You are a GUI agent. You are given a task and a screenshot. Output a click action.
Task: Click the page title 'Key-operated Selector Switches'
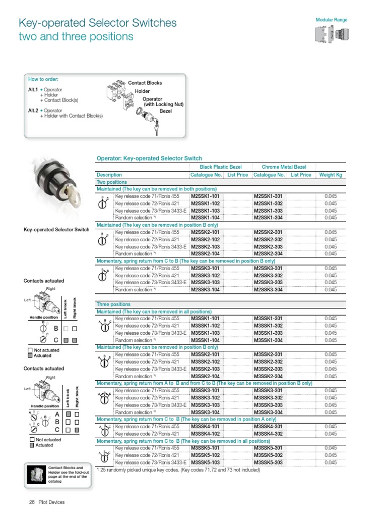point(97,23)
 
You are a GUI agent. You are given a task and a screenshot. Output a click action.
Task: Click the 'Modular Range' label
point(331,20)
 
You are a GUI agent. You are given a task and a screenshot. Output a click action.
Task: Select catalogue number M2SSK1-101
point(205,196)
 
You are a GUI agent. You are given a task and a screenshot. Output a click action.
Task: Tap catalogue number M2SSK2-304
point(268,254)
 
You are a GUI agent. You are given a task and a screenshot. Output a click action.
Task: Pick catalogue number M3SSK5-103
point(205,462)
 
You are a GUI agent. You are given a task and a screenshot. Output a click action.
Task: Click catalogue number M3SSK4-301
point(268,427)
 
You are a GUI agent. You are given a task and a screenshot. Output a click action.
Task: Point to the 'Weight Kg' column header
point(331,175)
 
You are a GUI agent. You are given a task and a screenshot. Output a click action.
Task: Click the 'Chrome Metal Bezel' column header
point(284,167)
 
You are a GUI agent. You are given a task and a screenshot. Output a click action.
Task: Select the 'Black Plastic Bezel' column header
point(221,167)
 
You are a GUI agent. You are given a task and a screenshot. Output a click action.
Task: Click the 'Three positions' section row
point(113,304)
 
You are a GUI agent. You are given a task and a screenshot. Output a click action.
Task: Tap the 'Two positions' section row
point(111,182)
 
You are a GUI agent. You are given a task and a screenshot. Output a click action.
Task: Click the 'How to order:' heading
point(43,79)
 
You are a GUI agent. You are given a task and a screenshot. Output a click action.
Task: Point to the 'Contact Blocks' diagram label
point(145,83)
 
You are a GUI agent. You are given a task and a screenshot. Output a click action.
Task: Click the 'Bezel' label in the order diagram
point(166,111)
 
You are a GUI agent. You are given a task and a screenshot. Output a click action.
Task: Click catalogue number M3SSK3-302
point(268,398)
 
